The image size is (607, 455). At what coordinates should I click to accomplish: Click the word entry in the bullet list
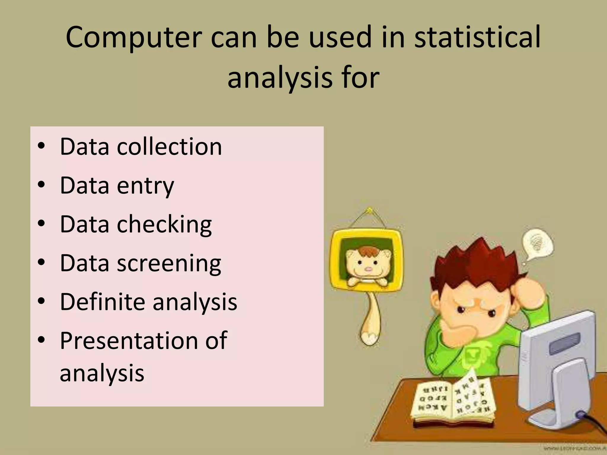click(145, 186)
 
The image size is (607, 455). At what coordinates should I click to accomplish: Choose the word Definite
click(102, 302)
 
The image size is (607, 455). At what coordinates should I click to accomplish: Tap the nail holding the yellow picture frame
click(369, 211)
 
